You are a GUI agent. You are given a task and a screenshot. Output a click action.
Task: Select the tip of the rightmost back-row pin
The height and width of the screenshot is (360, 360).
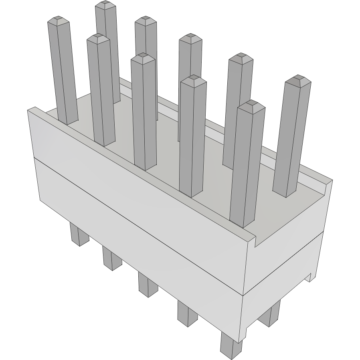(x=297, y=79)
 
